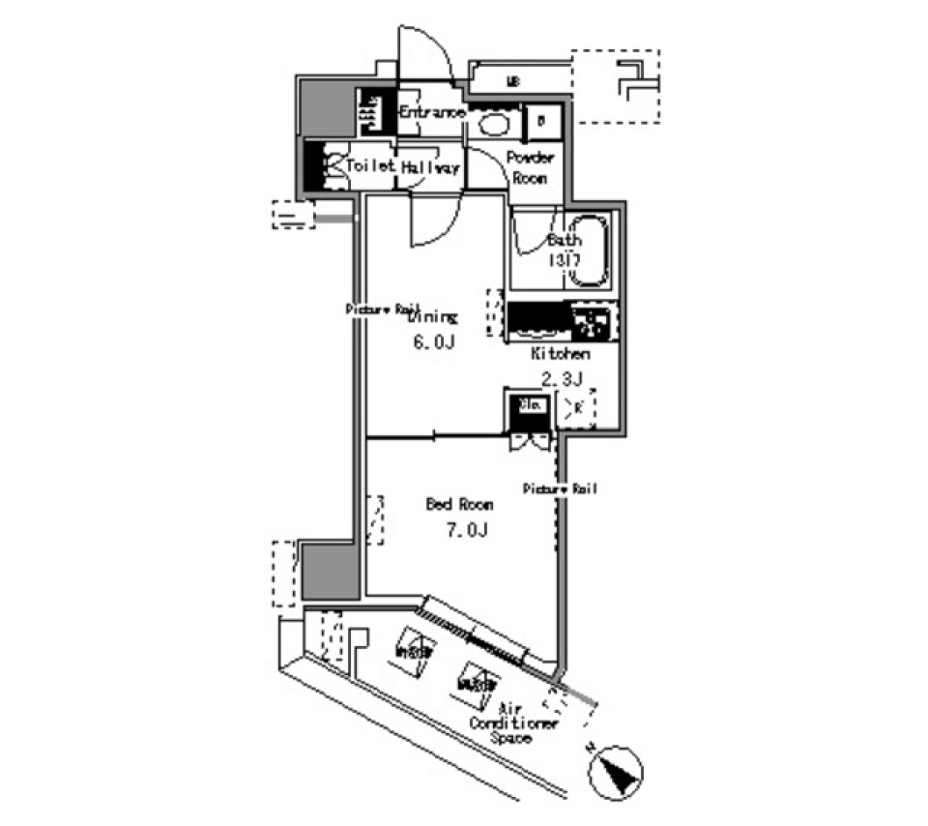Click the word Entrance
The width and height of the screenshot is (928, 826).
[432, 113]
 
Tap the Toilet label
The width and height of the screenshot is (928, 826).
[371, 166]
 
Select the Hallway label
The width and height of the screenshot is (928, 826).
[430, 167]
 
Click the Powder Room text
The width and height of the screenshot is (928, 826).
[530, 167]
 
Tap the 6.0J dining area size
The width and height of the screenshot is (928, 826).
[433, 344]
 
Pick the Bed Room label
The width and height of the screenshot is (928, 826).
[460, 504]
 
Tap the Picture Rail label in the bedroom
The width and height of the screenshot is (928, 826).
[560, 489]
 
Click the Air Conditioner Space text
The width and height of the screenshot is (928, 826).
[512, 723]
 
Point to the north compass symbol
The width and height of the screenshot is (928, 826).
[612, 772]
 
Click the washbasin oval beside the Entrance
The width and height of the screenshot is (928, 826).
[495, 123]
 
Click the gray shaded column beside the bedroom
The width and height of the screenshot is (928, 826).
[330, 571]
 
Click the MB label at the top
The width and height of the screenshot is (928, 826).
[513, 82]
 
